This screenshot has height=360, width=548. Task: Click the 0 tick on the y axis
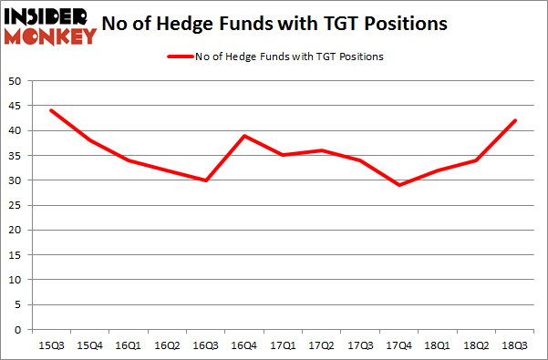tap(16, 329)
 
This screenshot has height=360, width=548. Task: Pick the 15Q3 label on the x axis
tap(51, 346)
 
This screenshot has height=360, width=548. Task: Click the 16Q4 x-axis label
tap(244, 346)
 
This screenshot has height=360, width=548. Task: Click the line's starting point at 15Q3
tap(51, 110)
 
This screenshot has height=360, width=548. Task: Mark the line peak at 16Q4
tap(244, 135)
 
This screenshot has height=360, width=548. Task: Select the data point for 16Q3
tap(206, 180)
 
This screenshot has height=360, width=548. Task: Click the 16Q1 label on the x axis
tap(129, 346)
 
